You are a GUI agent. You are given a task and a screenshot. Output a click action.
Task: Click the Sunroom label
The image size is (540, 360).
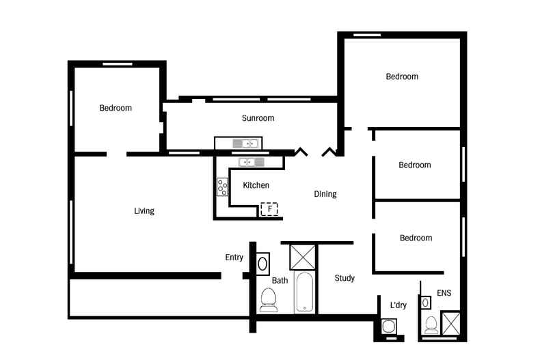(x=258, y=118)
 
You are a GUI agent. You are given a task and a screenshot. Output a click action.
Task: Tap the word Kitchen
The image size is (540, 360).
(x=256, y=185)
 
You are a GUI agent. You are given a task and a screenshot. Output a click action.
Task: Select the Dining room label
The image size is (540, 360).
(x=325, y=194)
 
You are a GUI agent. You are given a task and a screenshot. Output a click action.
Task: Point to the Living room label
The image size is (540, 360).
(x=144, y=211)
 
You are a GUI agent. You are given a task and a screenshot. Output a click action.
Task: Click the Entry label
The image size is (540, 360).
(x=234, y=258)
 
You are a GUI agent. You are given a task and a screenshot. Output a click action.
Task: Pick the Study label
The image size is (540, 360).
(x=345, y=278)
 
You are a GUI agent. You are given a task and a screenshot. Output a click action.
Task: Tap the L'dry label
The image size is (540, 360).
(x=398, y=305)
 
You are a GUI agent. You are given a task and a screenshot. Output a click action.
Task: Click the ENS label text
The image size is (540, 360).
(x=444, y=294)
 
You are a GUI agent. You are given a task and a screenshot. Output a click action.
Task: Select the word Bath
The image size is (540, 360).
(x=280, y=281)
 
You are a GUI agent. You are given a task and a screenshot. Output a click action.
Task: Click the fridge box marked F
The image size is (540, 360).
(x=269, y=209)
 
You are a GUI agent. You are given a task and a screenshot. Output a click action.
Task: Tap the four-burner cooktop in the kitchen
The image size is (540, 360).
(x=222, y=187)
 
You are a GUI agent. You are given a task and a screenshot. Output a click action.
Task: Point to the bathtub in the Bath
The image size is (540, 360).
(x=305, y=294)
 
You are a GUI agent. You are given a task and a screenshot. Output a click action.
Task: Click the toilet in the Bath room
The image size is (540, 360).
(x=268, y=299)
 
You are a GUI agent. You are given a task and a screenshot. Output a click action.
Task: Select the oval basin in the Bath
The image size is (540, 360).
(x=262, y=263)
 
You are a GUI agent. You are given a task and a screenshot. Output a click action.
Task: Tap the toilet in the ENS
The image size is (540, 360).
(x=431, y=324)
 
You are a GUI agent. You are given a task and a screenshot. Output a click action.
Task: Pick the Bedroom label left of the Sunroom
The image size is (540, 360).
(x=116, y=108)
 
